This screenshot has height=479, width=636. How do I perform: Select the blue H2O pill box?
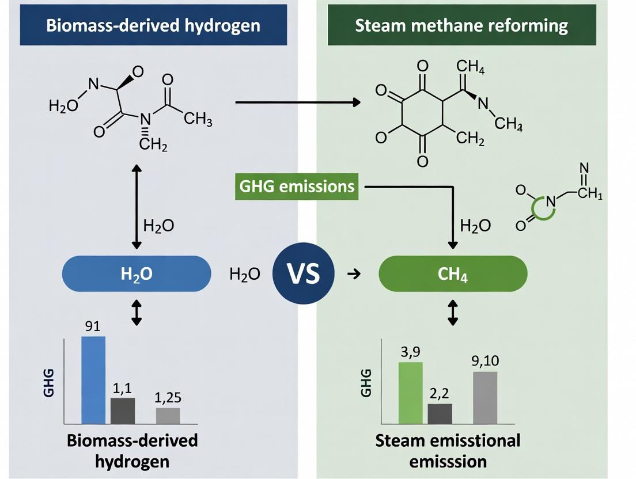pyautogui.click(x=137, y=273)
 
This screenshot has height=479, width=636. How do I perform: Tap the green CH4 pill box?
pyautogui.click(x=452, y=273)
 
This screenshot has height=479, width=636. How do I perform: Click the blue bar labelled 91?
pyautogui.click(x=93, y=379)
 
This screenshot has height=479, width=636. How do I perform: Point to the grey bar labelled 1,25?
pyautogui.click(x=168, y=415)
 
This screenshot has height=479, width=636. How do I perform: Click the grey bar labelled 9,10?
pyautogui.click(x=485, y=397)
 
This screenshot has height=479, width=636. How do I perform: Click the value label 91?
pyautogui.click(x=93, y=326)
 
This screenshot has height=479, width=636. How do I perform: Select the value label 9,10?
pyautogui.click(x=485, y=361)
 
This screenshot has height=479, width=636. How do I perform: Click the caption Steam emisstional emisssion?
pyautogui.click(x=448, y=451)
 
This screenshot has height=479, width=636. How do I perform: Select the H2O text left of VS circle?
pyautogui.click(x=245, y=274)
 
